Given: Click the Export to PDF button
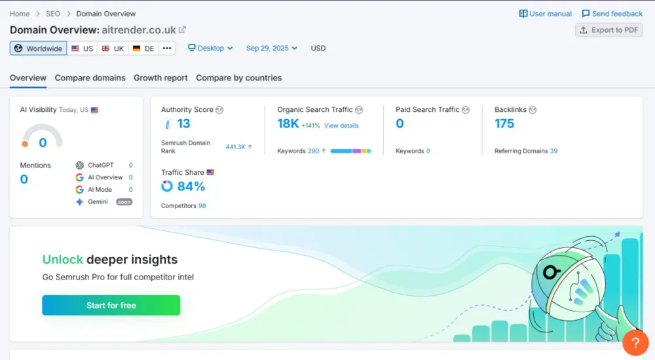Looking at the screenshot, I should [608, 30].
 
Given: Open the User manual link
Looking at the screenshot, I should [545, 14].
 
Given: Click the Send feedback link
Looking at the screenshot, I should [612, 14].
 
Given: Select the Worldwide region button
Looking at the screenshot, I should [38, 48].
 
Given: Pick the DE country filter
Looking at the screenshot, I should [143, 48].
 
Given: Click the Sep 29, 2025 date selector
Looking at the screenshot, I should [271, 48].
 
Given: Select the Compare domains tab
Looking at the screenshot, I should [90, 78].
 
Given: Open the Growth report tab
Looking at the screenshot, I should [160, 78].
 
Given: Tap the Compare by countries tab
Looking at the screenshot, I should [238, 78].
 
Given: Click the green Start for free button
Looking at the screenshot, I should [111, 306].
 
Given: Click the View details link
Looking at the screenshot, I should [341, 126].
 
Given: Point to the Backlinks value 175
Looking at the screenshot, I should [504, 124].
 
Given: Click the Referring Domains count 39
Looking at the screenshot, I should [553, 151].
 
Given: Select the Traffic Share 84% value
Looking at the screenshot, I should [191, 187].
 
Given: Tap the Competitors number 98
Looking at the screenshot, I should [202, 206].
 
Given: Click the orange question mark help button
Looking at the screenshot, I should [635, 342].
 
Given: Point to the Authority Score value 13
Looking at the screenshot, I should [183, 124].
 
